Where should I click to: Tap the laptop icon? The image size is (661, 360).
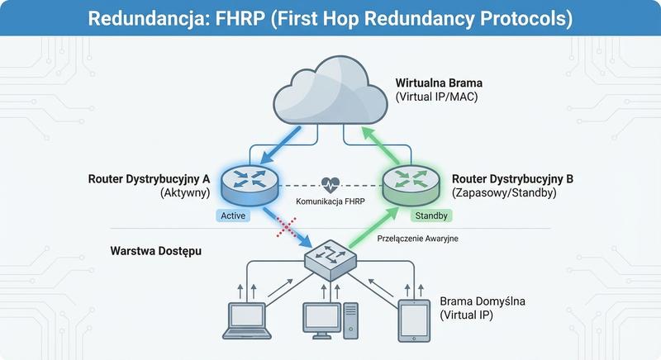pos(246,320)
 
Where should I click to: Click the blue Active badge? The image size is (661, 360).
pos(231,216)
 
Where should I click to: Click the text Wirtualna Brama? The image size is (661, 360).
pos(439,83)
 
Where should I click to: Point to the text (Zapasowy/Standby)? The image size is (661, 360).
pos(504,192)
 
